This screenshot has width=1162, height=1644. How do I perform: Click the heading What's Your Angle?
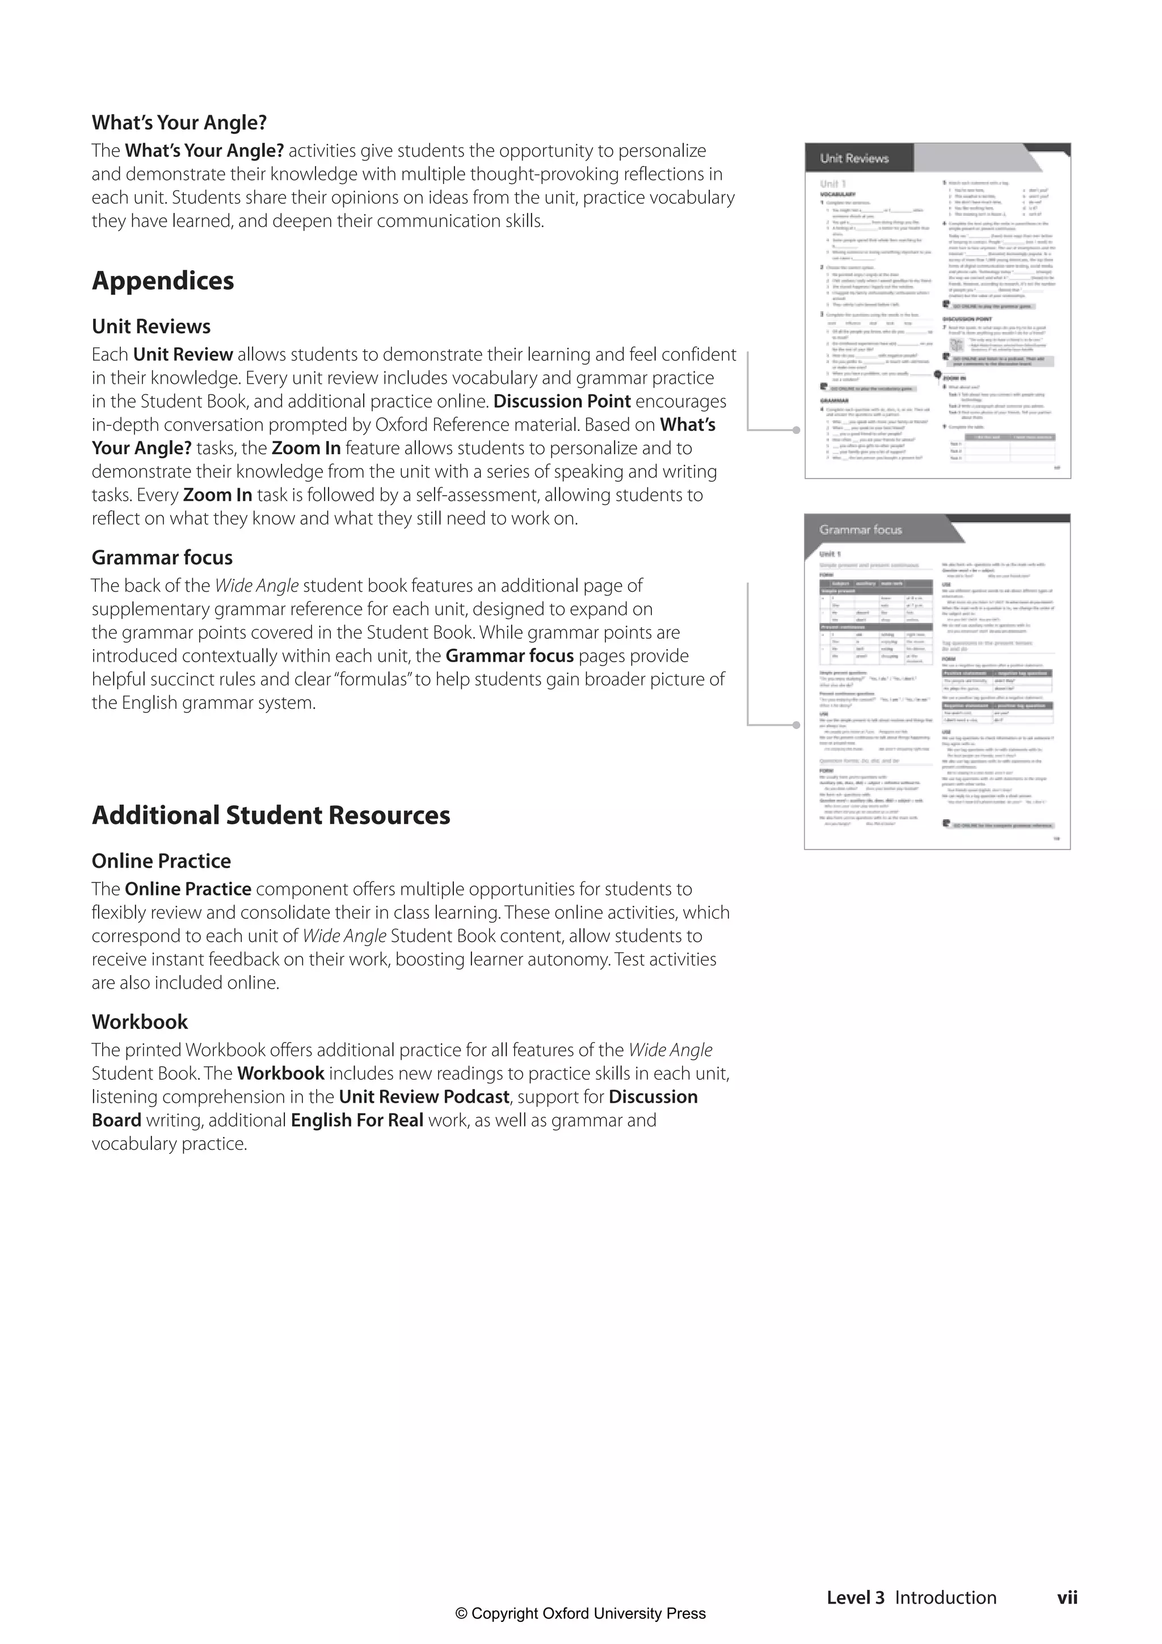(x=179, y=123)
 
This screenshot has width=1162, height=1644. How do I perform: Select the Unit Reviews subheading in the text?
(x=151, y=327)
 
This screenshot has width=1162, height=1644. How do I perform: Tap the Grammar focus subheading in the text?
(x=162, y=557)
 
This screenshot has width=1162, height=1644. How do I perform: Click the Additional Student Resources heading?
(x=271, y=815)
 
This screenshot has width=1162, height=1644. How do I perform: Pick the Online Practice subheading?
(x=161, y=861)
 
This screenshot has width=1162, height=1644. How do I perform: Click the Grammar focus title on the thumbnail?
(x=860, y=530)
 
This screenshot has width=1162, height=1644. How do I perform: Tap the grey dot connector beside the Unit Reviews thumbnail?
(x=797, y=430)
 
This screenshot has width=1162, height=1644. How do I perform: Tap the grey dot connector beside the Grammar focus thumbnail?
(x=797, y=725)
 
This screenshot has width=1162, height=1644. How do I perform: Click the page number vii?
(x=1067, y=1597)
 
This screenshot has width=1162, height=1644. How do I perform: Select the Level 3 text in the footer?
(x=855, y=1597)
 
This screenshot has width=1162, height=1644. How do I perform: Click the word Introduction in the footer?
(x=945, y=1597)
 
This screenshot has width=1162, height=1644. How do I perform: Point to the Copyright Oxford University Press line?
(x=580, y=1613)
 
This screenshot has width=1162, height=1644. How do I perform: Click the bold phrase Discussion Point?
(x=562, y=401)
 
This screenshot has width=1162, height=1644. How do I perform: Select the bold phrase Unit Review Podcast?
(x=424, y=1097)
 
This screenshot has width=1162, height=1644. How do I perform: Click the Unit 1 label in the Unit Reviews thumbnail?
(x=832, y=184)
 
